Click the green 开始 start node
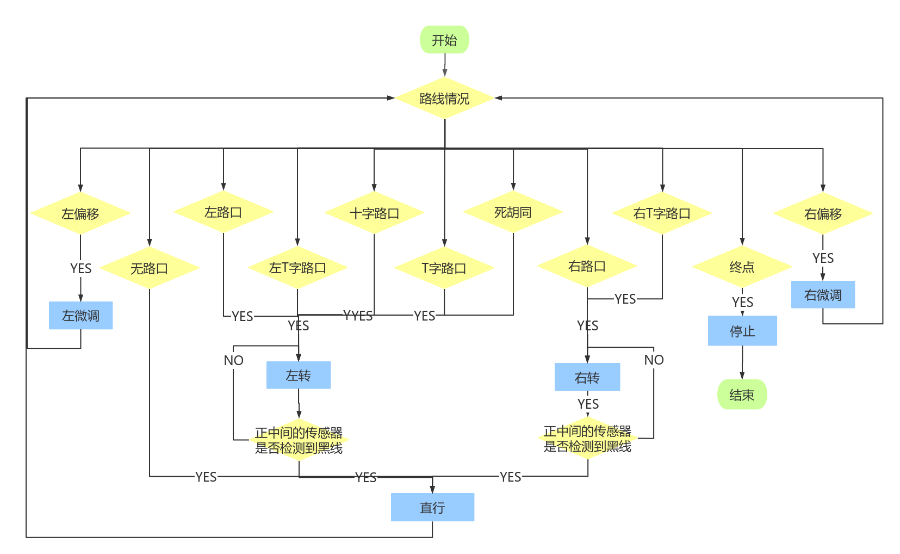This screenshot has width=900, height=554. point(444,40)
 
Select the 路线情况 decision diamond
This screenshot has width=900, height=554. point(444,98)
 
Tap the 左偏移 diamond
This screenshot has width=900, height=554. point(80,213)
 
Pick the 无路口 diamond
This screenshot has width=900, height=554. point(150,268)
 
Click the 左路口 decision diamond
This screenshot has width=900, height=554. point(224,212)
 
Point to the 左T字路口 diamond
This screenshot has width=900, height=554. point(297,267)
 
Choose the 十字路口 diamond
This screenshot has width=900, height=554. point(374,213)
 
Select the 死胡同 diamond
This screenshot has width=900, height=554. point(513,212)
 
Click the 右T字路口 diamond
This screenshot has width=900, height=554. point(662,213)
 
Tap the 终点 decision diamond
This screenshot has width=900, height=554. point(742,267)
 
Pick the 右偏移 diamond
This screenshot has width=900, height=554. point(823,213)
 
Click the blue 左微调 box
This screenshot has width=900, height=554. point(81,316)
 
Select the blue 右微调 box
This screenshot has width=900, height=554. point(823,295)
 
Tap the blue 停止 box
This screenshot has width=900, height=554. point(742,330)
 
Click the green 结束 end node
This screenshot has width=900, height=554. point(742,395)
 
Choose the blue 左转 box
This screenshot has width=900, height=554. point(299,375)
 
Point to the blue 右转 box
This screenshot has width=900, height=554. point(587,377)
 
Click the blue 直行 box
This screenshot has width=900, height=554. point(432,507)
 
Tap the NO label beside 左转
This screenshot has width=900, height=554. point(233,360)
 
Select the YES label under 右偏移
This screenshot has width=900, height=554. point(823,258)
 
